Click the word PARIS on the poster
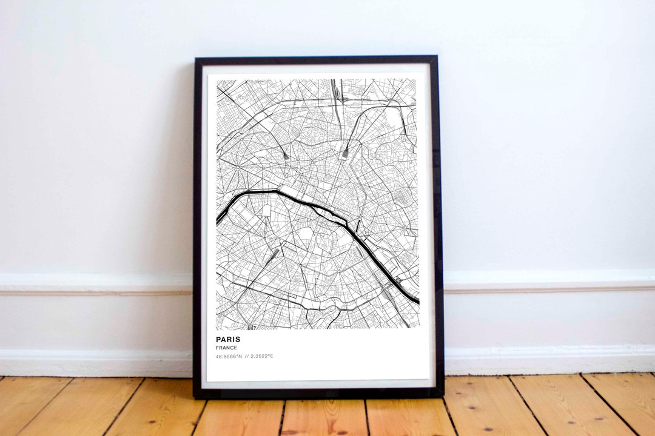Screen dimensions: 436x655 click(x=228, y=340)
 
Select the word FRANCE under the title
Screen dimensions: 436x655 click(x=226, y=348)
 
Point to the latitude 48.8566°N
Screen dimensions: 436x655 click(x=229, y=356)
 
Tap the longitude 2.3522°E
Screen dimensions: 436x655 click(x=261, y=356)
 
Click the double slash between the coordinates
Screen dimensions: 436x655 click(x=246, y=356)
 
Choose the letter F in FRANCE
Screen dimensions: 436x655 click(x=217, y=348)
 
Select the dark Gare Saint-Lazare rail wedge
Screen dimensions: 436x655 click(x=285, y=155)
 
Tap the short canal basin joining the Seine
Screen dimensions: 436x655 click(x=358, y=226)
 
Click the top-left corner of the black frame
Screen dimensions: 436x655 click(x=195, y=58)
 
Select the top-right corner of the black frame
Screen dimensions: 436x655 click(x=437, y=57)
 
